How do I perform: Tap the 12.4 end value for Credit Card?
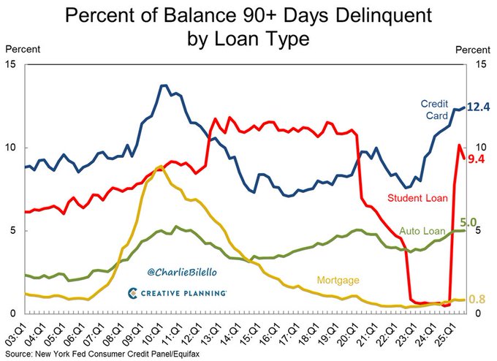coord(477,107)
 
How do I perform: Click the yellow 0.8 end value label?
coord(477,300)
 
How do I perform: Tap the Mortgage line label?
coord(338,280)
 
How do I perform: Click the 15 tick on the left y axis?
coord(10,64)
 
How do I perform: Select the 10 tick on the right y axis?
coord(479,148)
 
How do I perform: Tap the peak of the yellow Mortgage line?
coord(159,167)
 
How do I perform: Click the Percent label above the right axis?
coord(473,50)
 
